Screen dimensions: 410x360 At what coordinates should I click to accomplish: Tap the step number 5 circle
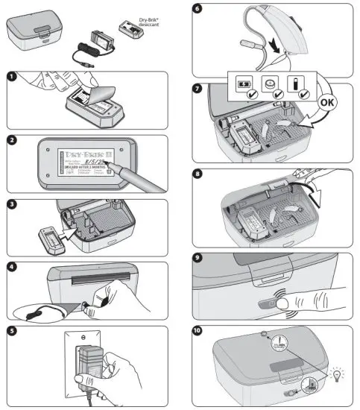pos(11,329)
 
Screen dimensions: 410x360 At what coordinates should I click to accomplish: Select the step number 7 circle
pos(198,87)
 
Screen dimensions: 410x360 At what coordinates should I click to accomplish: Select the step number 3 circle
pos(11,204)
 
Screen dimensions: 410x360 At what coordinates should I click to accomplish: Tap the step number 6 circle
pos(198,9)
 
